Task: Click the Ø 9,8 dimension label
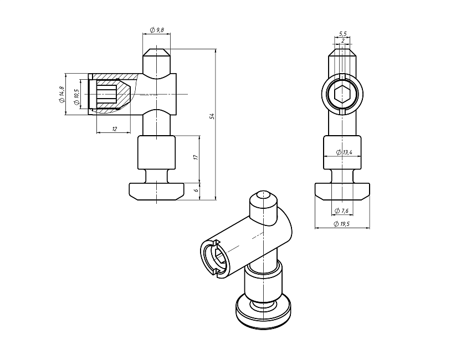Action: pyautogui.click(x=157, y=30)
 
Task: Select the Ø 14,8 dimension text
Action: pyautogui.click(x=62, y=94)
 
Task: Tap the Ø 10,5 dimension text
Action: pyautogui.click(x=76, y=97)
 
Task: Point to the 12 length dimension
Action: pyautogui.click(x=115, y=128)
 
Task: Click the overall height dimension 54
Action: pyautogui.click(x=212, y=116)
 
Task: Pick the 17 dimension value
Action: pyautogui.click(x=196, y=157)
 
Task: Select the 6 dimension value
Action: pyautogui.click(x=196, y=190)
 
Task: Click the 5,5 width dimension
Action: pyautogui.click(x=342, y=34)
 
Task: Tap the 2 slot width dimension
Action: pyautogui.click(x=343, y=40)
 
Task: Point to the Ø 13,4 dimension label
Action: pyautogui.click(x=344, y=152)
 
